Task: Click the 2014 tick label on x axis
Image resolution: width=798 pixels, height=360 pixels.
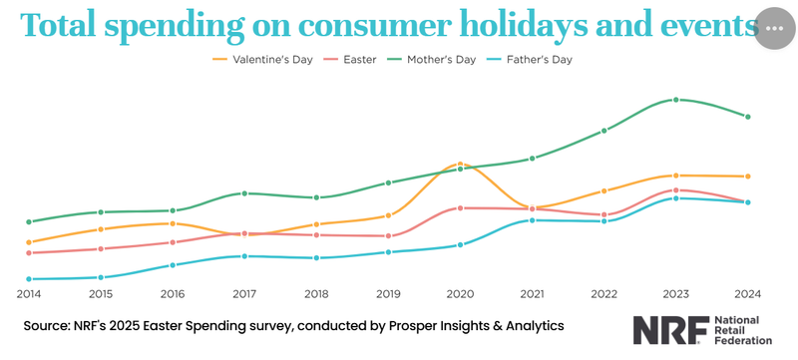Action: click(29, 294)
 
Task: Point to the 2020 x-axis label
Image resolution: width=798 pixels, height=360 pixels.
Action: click(460, 294)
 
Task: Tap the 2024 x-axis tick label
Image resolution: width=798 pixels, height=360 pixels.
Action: click(748, 294)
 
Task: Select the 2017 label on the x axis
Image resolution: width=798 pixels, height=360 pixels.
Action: click(244, 294)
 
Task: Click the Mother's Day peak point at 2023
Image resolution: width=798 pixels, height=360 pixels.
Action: click(676, 100)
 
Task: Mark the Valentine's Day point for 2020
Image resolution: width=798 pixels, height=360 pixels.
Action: click(460, 164)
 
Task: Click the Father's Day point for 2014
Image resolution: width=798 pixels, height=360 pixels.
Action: click(29, 279)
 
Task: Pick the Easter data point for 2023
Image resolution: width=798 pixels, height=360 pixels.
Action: click(676, 190)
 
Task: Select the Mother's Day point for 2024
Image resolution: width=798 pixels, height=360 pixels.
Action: click(748, 117)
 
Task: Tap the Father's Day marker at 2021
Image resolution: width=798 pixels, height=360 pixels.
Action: click(532, 219)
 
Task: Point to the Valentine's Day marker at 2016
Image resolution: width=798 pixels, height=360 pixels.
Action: click(173, 223)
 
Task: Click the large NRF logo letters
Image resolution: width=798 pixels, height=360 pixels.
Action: click(670, 331)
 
